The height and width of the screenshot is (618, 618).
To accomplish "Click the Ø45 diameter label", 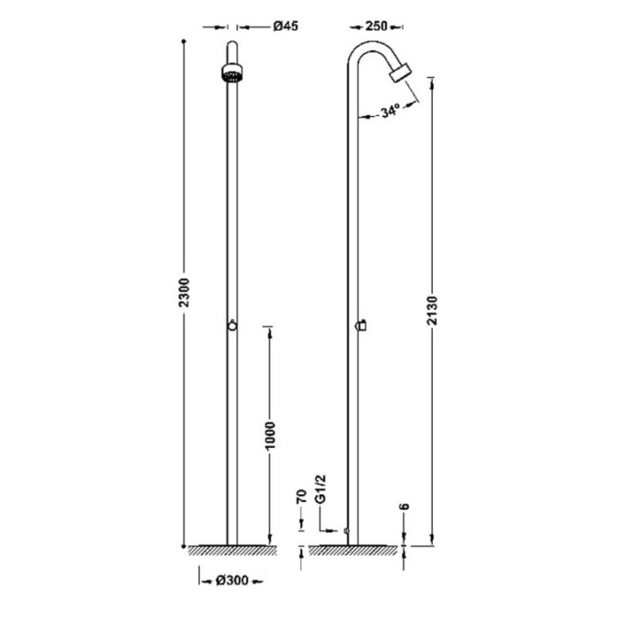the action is point(285,27).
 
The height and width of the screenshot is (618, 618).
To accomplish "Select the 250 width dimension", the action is point(377,27).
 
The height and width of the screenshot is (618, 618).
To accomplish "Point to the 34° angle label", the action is point(391,111).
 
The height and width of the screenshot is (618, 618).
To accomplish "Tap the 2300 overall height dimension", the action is point(184,293).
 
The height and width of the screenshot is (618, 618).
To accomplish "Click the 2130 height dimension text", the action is point(433,310).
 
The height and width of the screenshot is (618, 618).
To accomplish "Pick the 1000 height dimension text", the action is point(270,435).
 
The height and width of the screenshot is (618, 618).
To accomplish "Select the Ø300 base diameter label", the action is point(232,580).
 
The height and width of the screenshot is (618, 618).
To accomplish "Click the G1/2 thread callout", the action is point(320,488).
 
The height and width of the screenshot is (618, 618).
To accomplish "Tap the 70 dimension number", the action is point(301,497).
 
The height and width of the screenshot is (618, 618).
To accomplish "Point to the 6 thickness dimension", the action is point(404,506).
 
